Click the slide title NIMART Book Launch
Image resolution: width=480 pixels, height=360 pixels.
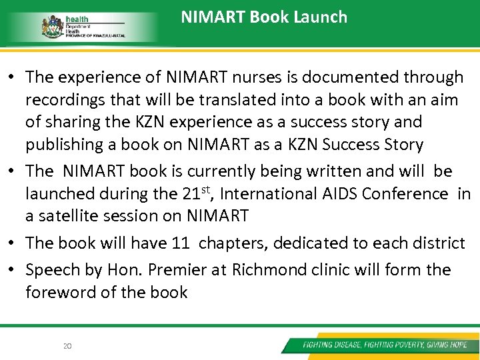264,17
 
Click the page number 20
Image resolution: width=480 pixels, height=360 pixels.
67,345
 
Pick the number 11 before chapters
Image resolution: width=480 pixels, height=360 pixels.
180,243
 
